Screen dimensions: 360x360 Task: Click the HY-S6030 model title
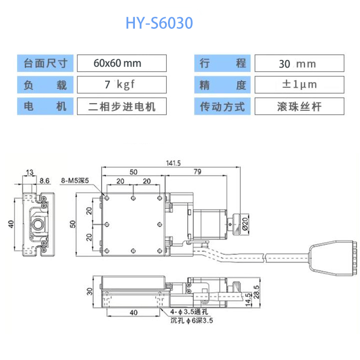(x=159, y=23)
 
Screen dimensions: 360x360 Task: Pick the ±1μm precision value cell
(x=300, y=84)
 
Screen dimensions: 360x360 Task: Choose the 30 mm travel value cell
(x=300, y=63)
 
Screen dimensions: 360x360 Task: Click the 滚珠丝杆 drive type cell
(x=300, y=106)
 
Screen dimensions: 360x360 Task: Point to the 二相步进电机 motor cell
(x=122, y=106)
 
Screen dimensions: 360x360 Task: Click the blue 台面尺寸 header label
(x=45, y=63)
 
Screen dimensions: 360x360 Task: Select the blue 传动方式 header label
(x=222, y=106)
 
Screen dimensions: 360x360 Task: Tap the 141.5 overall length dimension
(x=173, y=163)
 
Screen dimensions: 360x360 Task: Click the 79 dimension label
(x=197, y=172)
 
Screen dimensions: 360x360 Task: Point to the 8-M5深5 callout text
(x=75, y=180)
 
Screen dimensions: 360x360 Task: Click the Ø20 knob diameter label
(x=245, y=224)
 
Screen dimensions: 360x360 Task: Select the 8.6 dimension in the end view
(x=45, y=181)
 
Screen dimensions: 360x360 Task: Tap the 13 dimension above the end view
(x=30, y=172)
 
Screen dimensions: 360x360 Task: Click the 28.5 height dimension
(x=256, y=292)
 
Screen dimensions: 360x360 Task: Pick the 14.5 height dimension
(x=248, y=300)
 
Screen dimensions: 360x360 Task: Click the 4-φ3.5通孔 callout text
(x=189, y=312)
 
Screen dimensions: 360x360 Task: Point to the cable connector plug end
(x=333, y=258)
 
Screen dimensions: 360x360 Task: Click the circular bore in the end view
(x=38, y=224)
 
